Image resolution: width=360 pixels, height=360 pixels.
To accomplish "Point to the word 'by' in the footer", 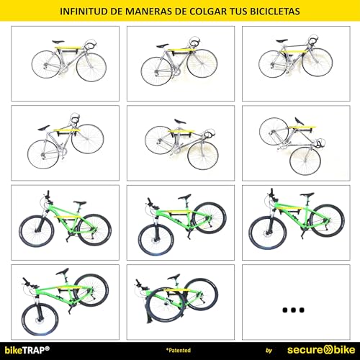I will pos(269,351).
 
